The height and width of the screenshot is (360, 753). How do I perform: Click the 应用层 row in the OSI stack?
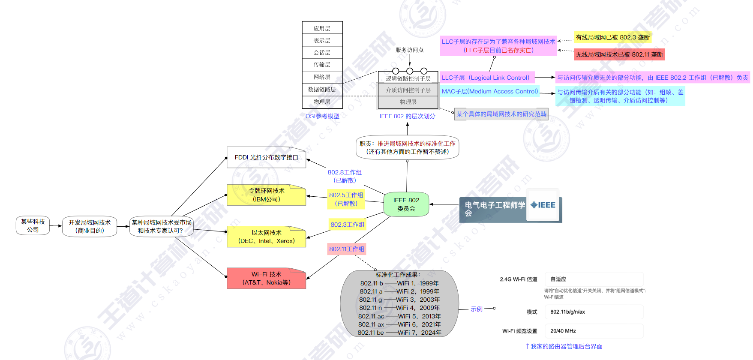[322, 28]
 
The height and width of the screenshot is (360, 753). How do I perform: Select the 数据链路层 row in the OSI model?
[322, 89]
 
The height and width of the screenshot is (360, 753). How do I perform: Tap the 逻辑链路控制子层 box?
[408, 78]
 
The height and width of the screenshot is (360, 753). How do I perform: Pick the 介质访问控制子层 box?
[408, 90]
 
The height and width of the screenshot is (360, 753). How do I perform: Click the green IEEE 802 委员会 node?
[406, 204]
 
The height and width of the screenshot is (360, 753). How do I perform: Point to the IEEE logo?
[543, 205]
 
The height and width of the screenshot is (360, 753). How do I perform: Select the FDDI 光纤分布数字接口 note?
[266, 158]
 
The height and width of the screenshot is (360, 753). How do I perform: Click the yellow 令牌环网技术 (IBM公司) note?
[266, 195]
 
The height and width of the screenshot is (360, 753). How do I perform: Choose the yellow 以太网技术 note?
[266, 237]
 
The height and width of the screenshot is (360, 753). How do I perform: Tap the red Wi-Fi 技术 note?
[266, 279]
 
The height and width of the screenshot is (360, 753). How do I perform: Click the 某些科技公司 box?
[33, 226]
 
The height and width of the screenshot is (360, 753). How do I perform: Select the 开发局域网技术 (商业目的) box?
[90, 226]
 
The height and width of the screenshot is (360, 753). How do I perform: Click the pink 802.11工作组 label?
[347, 249]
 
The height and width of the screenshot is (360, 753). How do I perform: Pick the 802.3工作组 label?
[347, 225]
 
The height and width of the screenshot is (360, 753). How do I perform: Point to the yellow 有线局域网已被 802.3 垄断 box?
[612, 37]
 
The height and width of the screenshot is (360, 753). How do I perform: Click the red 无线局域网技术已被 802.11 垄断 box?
[619, 54]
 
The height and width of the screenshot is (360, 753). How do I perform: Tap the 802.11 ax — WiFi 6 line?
[399, 324]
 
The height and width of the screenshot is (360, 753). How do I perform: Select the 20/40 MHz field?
[594, 331]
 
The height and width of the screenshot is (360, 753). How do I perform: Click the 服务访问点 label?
[409, 50]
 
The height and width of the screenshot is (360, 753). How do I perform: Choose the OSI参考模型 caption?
[322, 116]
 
